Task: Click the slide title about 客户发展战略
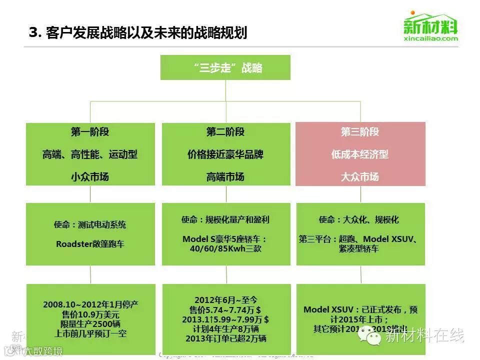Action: (138, 33)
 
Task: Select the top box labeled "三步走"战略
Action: (225, 67)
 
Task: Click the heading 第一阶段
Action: (90, 132)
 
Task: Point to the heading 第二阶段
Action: (225, 132)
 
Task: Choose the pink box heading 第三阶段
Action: (360, 132)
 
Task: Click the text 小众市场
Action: (90, 176)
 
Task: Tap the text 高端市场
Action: (225, 176)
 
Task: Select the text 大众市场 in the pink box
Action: (360, 176)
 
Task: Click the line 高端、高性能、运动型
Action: (90, 154)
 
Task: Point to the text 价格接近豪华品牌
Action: (225, 154)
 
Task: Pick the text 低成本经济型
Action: (360, 154)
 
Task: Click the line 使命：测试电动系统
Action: (90, 224)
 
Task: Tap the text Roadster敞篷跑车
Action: (90, 244)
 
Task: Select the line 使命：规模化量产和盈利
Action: (225, 219)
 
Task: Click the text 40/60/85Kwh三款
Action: (225, 249)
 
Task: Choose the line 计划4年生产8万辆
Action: (225, 328)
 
